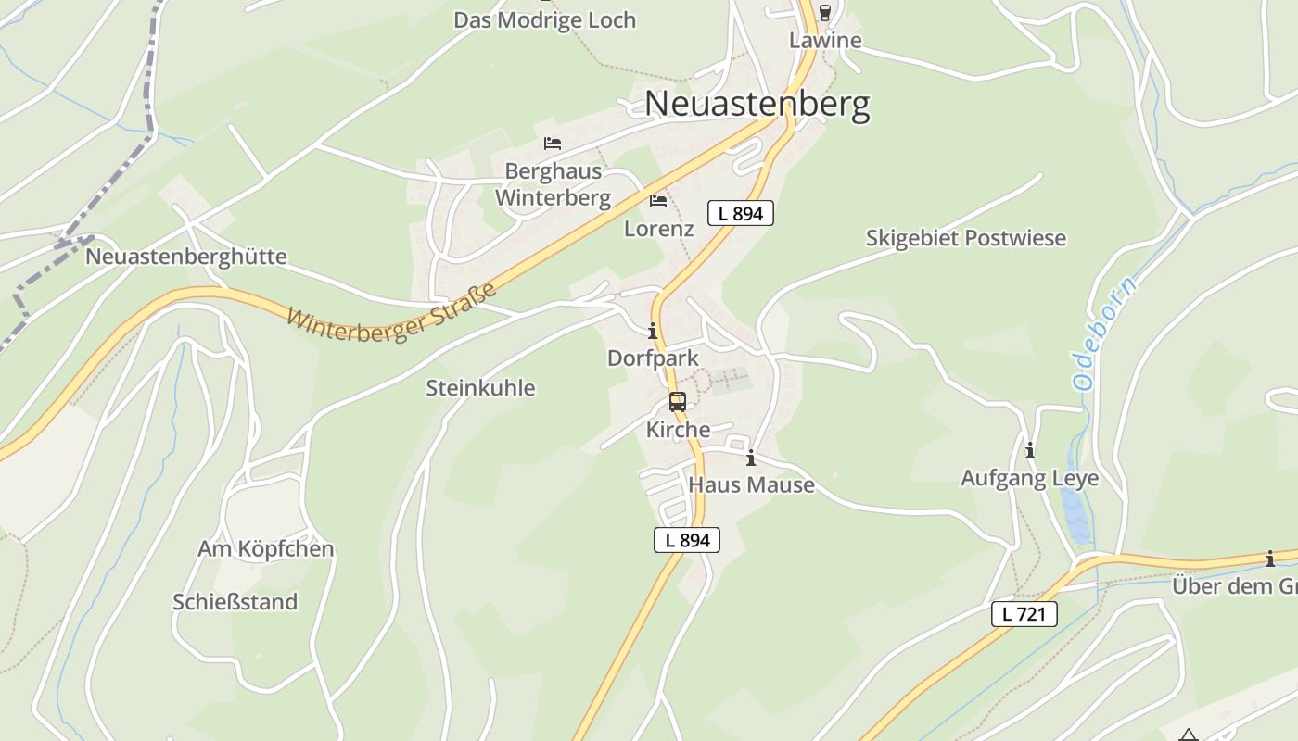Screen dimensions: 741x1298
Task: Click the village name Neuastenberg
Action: pyautogui.click(x=757, y=104)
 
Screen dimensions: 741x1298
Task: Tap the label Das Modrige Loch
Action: pyautogui.click(x=544, y=20)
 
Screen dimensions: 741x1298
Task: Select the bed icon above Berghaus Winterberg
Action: pyautogui.click(x=553, y=144)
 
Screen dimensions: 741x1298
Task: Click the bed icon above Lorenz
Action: pyautogui.click(x=658, y=200)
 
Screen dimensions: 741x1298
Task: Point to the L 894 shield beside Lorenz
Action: pyautogui.click(x=740, y=214)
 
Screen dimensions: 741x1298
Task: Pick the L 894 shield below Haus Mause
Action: pyautogui.click(x=687, y=540)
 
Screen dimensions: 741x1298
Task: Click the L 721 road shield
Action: pyautogui.click(x=1024, y=613)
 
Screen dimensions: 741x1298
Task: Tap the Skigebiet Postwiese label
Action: pyautogui.click(x=965, y=238)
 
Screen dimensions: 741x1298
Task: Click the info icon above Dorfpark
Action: pyautogui.click(x=653, y=331)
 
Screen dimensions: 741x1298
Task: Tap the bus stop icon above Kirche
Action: pyautogui.click(x=678, y=402)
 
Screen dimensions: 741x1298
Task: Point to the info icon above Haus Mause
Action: pyautogui.click(x=750, y=458)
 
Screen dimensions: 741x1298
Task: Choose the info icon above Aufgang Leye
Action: pyautogui.click(x=1029, y=451)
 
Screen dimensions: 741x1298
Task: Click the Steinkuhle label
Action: pyautogui.click(x=480, y=388)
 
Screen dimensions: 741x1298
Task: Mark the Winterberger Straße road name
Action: pyautogui.click(x=391, y=313)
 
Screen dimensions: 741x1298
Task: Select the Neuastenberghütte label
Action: pyautogui.click(x=186, y=257)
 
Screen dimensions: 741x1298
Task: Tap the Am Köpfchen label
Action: pyautogui.click(x=265, y=549)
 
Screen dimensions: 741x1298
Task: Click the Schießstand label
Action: pyautogui.click(x=235, y=602)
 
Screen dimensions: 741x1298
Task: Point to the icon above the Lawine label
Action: pyautogui.click(x=824, y=13)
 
